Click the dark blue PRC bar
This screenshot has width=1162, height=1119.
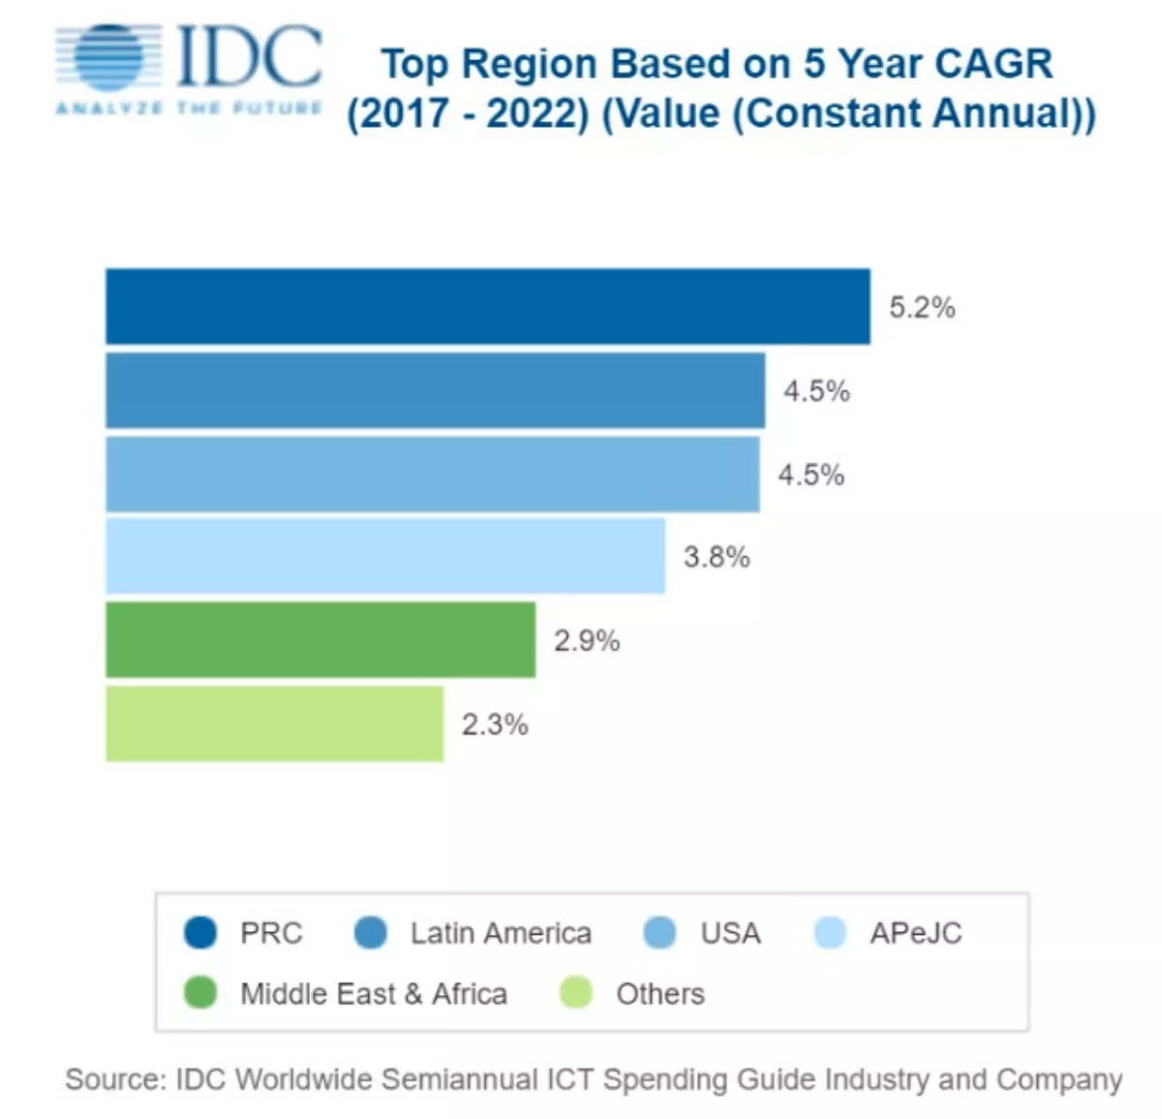pos(487,306)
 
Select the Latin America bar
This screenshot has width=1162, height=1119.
pos(435,390)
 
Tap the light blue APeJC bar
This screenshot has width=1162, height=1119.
pos(385,556)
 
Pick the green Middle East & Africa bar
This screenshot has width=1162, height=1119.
pos(321,639)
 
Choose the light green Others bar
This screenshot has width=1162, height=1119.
pos(274,724)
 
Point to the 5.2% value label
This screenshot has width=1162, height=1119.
pos(922,308)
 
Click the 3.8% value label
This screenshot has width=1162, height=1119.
pos(717,557)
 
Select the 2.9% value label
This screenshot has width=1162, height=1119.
pos(587,640)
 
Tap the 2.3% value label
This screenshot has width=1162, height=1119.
pos(495,725)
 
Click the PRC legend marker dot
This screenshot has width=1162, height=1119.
pos(200,933)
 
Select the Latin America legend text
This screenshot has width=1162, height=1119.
pos(501,933)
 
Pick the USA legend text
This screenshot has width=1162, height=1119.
pos(730,933)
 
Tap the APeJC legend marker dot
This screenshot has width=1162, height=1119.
pos(830,933)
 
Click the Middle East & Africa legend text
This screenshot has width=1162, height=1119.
pos(374,994)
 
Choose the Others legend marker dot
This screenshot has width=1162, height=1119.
pos(576,993)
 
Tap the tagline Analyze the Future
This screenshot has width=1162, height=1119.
pos(189,108)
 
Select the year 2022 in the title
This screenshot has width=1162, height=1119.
pos(537,113)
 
